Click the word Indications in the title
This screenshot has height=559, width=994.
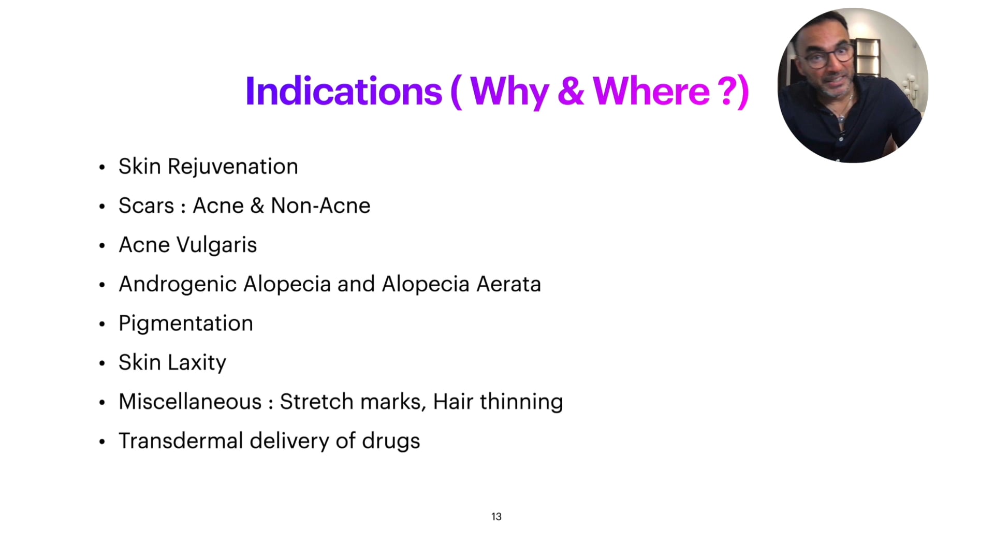344,92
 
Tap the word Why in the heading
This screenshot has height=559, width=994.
509,92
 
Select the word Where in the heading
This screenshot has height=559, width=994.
651,92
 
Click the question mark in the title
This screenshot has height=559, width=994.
727,92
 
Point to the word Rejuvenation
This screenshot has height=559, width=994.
233,167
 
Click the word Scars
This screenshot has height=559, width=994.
147,206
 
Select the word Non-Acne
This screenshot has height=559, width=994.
320,206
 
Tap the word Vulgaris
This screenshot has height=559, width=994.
216,245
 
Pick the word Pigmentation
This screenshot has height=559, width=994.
186,324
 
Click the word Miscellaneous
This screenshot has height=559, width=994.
190,402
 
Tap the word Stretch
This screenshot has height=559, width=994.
316,402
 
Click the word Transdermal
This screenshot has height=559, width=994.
181,441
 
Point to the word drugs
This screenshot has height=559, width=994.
391,442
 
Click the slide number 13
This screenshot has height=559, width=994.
496,517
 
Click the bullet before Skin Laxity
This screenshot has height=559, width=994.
102,363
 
